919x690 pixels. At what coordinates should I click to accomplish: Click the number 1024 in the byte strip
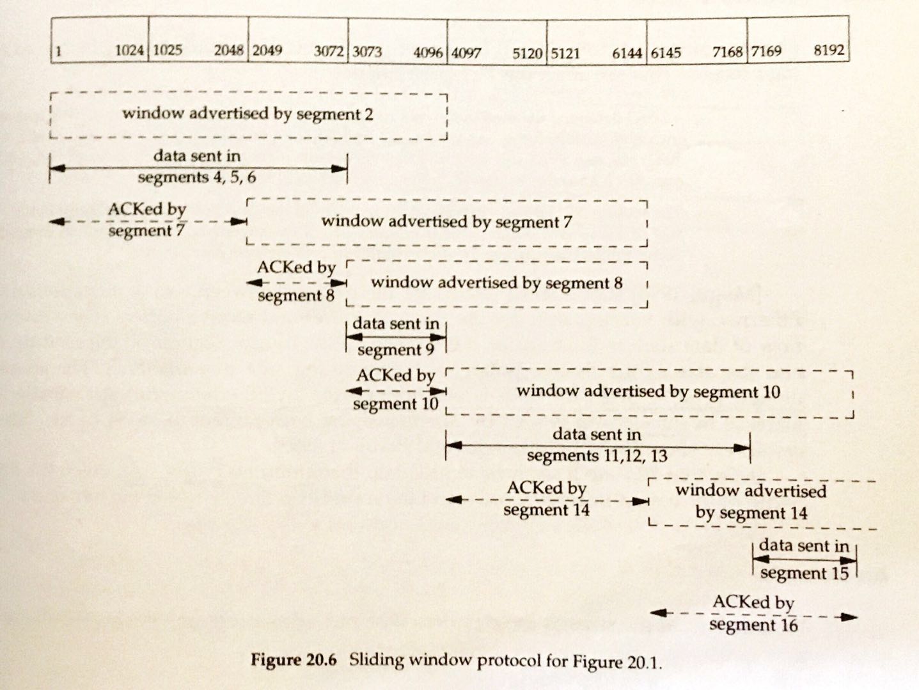[x=129, y=50]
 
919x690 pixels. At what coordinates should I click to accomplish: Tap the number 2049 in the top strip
[x=267, y=50]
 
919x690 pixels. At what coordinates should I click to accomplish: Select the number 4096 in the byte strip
[x=428, y=52]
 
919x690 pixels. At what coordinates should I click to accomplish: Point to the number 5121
[x=565, y=52]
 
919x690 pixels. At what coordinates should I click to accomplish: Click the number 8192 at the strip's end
[x=829, y=51]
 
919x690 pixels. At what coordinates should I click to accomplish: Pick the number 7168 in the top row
[x=728, y=52]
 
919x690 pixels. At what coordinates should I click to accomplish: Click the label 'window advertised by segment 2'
[x=247, y=114]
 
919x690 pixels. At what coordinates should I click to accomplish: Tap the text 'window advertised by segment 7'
[x=446, y=221]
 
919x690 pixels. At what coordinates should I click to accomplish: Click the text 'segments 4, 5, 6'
[x=197, y=177]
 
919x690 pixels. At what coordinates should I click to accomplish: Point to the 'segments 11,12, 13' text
[x=597, y=455]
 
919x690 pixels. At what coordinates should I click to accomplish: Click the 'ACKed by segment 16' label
[x=753, y=613]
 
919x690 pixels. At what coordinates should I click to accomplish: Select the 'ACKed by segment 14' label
[x=547, y=498]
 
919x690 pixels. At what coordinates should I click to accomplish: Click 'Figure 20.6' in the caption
[x=294, y=660]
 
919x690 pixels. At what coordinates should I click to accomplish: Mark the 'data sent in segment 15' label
[x=804, y=559]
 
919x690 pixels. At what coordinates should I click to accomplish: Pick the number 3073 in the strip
[x=367, y=51]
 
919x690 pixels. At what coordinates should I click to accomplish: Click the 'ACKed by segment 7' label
[x=147, y=219]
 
